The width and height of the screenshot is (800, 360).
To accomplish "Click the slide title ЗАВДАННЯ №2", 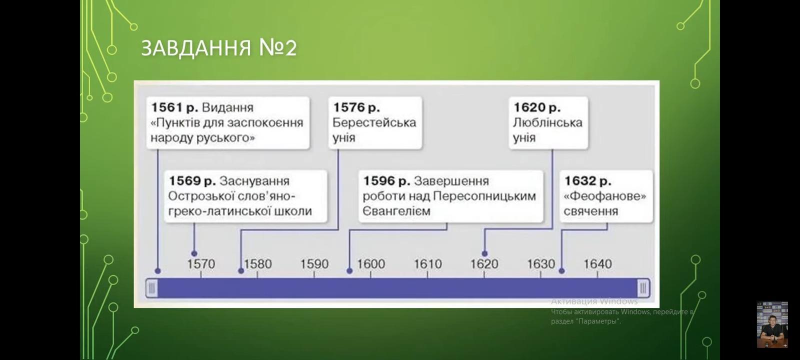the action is [x=218, y=48].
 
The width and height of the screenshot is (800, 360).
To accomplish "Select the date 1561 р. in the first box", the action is [x=174, y=107].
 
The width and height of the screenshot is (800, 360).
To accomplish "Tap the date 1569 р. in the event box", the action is [x=192, y=181].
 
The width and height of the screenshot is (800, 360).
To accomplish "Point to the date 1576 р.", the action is [x=356, y=107].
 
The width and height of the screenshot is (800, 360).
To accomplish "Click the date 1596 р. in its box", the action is [x=386, y=181].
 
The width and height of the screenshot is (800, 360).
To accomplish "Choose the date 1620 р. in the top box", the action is [x=537, y=107].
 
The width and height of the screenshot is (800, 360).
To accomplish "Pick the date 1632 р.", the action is [x=587, y=181].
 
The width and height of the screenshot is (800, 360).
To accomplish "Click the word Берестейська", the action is [x=374, y=123].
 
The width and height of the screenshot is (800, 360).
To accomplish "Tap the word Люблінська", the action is [x=547, y=123].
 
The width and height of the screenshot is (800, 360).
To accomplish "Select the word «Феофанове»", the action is [x=604, y=196].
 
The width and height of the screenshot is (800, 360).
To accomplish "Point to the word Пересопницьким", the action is [x=484, y=196].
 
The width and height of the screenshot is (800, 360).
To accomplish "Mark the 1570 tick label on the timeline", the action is [x=201, y=264].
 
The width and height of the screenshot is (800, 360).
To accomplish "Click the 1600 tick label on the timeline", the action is [x=371, y=264].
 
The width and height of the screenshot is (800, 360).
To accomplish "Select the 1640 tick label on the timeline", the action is [x=598, y=264].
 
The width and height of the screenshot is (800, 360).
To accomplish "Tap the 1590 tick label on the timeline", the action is [x=314, y=264].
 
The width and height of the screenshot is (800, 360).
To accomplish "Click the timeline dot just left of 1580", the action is [x=241, y=271].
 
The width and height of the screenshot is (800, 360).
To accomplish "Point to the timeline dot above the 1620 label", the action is [x=484, y=253].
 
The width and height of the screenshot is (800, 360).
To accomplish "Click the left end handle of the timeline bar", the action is [x=152, y=288].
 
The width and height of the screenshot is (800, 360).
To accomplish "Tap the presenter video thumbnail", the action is [x=772, y=324].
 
